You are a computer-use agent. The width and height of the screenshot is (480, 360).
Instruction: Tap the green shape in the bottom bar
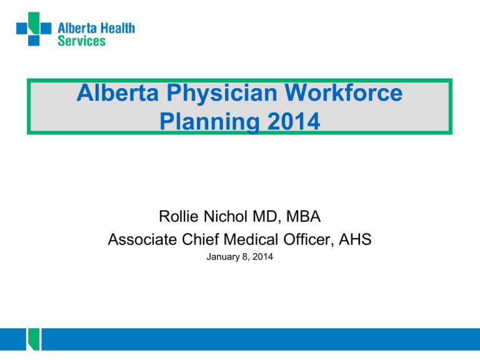tap(31, 341)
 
